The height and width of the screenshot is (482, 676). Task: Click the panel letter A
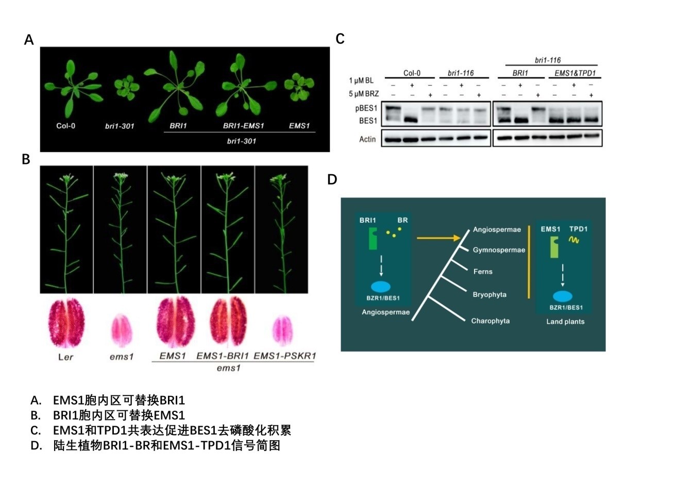(29, 40)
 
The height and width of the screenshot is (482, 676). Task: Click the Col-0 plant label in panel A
(65, 125)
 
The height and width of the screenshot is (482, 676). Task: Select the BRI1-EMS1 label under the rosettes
(243, 126)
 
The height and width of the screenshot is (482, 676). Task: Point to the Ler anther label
(65, 357)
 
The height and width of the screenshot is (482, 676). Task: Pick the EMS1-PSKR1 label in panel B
(284, 356)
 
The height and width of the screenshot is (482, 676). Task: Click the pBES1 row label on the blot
(366, 109)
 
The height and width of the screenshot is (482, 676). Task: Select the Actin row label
(367, 139)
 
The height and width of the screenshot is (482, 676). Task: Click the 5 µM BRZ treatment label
(364, 94)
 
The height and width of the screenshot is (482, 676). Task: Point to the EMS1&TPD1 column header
(574, 73)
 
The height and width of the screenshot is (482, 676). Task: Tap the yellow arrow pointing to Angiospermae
(438, 238)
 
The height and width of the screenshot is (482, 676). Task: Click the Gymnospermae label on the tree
(499, 250)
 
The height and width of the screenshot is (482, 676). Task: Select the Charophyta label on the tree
(491, 321)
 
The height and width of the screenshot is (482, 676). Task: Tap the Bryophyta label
(489, 295)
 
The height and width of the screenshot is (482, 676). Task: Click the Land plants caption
(565, 322)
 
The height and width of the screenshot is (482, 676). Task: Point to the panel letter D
(332, 179)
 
